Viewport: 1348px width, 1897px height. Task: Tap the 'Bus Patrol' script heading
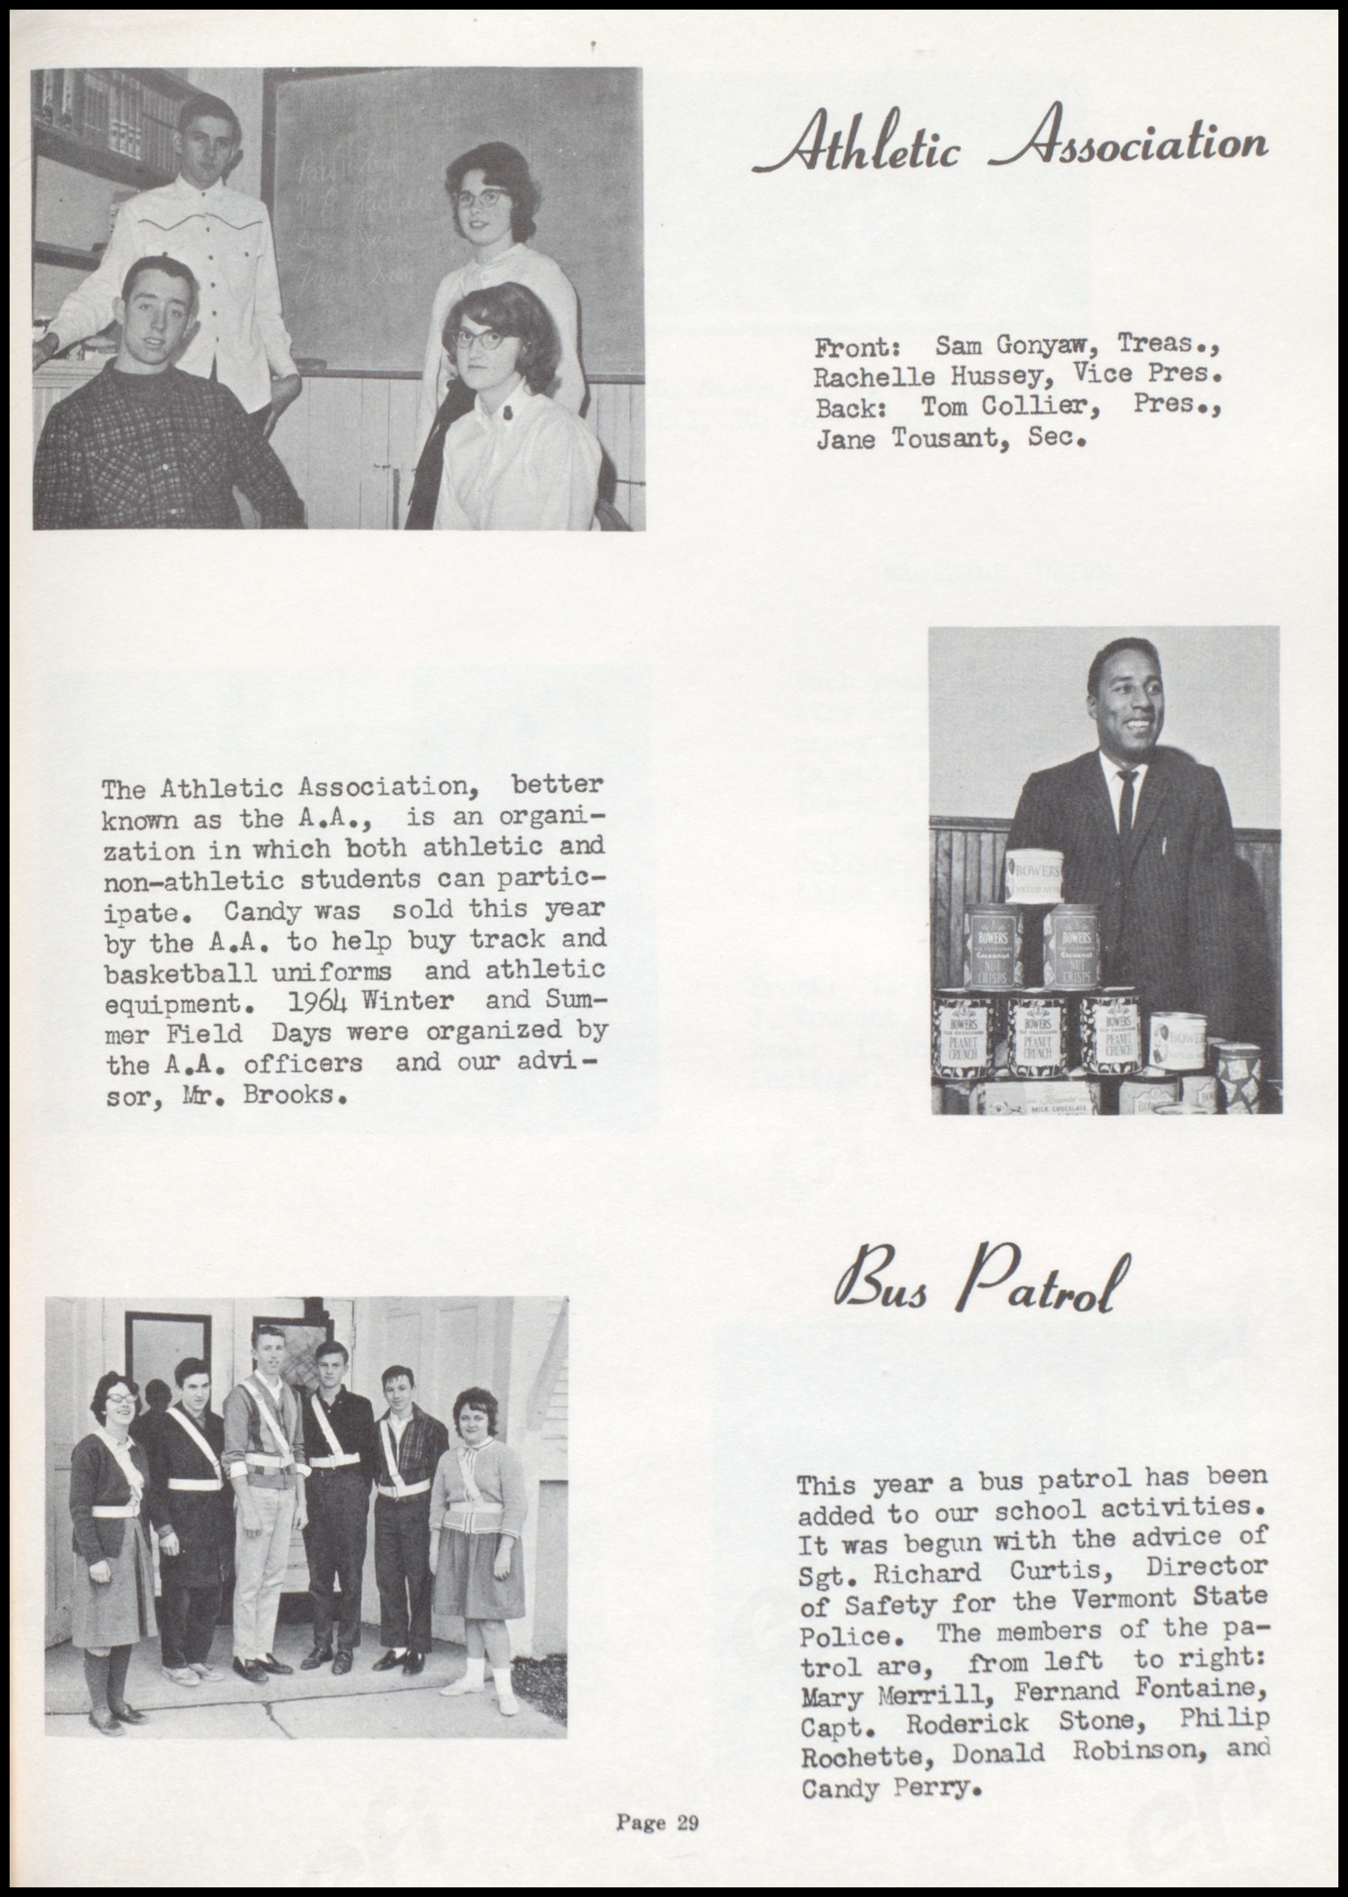(982, 1284)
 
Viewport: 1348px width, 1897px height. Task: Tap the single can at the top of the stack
(1035, 876)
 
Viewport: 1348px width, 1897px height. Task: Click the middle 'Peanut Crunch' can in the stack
(1037, 1038)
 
